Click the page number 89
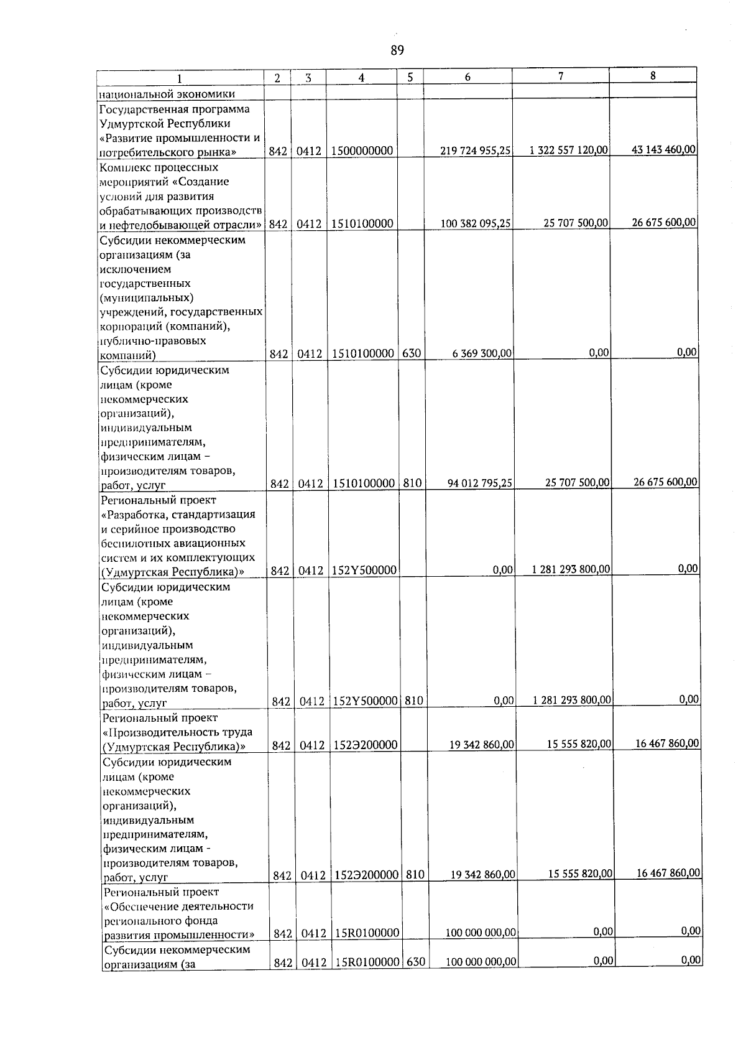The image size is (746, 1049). point(397,50)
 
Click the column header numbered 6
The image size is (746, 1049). point(467,77)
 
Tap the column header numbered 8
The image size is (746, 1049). point(652,75)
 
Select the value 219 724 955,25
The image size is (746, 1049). point(476,151)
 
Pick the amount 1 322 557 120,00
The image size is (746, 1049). point(569,151)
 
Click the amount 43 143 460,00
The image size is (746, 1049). point(663,149)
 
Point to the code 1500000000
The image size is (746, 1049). point(361,151)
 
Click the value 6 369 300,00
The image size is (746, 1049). point(482,353)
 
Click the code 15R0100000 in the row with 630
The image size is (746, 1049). point(366,962)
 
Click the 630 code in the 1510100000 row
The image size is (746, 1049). point(411,353)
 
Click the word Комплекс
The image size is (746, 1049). point(122,167)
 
